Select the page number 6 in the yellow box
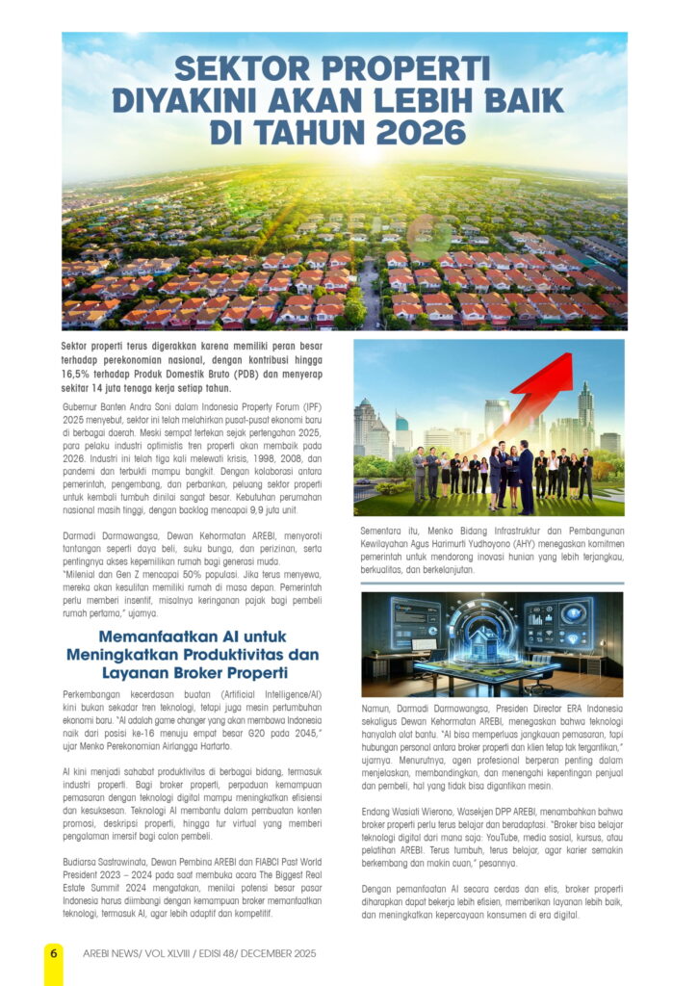[54, 951]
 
